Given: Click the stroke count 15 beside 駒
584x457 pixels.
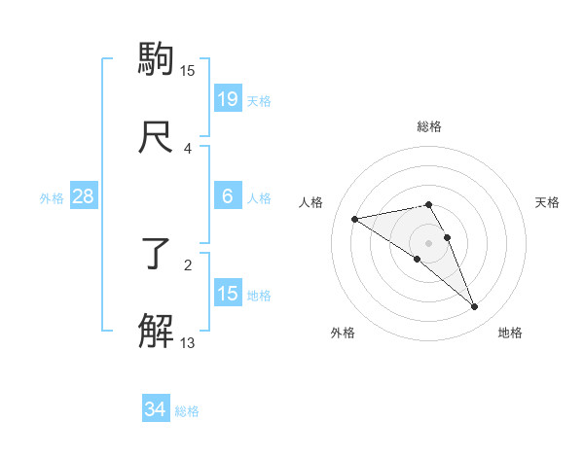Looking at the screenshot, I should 188,70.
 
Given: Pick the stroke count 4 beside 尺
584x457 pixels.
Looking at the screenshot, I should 188,148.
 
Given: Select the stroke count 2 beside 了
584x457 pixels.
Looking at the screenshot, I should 188,264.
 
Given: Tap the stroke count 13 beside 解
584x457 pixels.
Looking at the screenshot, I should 188,341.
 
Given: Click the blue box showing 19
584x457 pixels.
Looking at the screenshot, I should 228,98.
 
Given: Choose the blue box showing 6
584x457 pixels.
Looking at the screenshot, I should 228,196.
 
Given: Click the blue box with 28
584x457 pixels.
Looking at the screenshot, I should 84,196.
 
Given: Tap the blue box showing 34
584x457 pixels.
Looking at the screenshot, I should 156,409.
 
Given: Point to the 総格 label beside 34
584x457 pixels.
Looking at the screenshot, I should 187,411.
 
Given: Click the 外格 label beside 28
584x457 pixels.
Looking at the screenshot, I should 52,198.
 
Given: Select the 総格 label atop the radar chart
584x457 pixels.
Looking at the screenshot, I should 429,126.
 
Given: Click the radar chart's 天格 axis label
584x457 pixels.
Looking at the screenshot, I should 548,202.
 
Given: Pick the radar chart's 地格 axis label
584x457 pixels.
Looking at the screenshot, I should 510,333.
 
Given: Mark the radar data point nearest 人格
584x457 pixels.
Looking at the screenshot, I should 354,218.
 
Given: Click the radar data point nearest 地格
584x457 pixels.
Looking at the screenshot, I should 475,307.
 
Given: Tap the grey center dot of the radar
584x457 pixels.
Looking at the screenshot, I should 429,242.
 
